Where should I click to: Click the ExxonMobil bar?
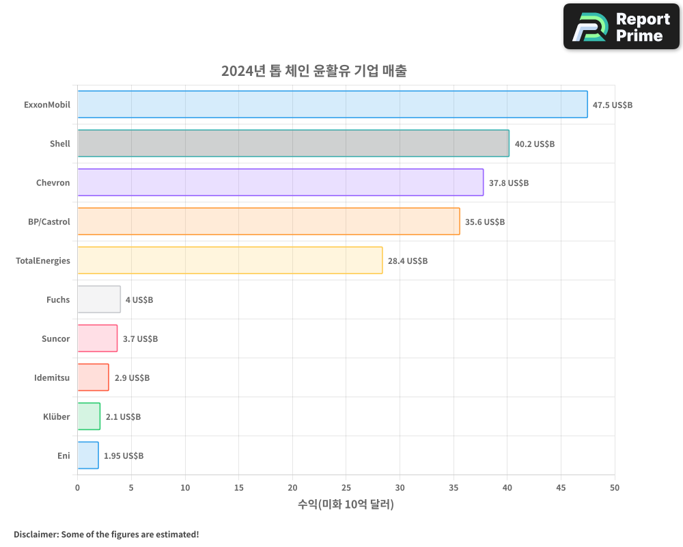(332, 105)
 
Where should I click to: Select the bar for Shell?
(293, 144)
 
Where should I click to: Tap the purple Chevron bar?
(280, 183)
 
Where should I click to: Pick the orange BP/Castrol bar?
(268, 222)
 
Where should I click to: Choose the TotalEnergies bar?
(229, 261)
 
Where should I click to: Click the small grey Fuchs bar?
(99, 299)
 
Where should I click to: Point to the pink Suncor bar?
(97, 338)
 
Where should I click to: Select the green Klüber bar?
(89, 416)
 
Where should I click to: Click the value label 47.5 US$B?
(613, 105)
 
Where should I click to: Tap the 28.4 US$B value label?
(408, 261)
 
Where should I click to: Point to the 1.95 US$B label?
(124, 456)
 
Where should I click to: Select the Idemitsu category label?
(52, 377)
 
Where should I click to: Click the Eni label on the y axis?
(64, 455)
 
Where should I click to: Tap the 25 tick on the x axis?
(346, 488)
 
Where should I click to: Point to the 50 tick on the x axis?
(615, 488)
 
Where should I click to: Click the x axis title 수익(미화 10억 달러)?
(346, 505)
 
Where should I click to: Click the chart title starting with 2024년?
(313, 71)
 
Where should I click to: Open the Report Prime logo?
(621, 27)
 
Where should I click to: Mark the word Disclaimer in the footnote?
(35, 534)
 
